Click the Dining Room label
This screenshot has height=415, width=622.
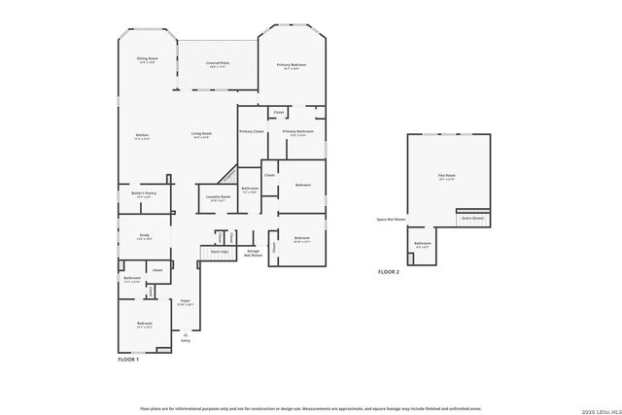tap(147, 60)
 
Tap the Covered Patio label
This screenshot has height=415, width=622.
tap(217, 64)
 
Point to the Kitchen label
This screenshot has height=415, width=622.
tap(142, 136)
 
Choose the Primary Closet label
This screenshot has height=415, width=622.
tap(252, 130)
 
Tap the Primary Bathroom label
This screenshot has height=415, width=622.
tap(297, 132)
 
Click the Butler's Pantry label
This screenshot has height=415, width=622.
tap(143, 194)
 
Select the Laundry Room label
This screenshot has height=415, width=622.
tap(218, 198)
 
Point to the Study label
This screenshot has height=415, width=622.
tap(143, 236)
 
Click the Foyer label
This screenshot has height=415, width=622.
tap(185, 302)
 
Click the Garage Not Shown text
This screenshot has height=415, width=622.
tap(253, 253)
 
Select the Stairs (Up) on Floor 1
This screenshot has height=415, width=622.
tap(220, 251)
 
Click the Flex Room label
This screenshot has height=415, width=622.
tap(446, 177)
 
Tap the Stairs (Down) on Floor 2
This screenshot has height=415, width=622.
tap(472, 219)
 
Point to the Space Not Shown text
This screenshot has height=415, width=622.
tap(392, 220)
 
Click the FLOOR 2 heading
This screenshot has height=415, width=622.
tap(389, 272)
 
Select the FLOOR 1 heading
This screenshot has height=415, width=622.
tap(128, 361)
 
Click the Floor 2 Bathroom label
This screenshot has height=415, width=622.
tap(423, 245)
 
